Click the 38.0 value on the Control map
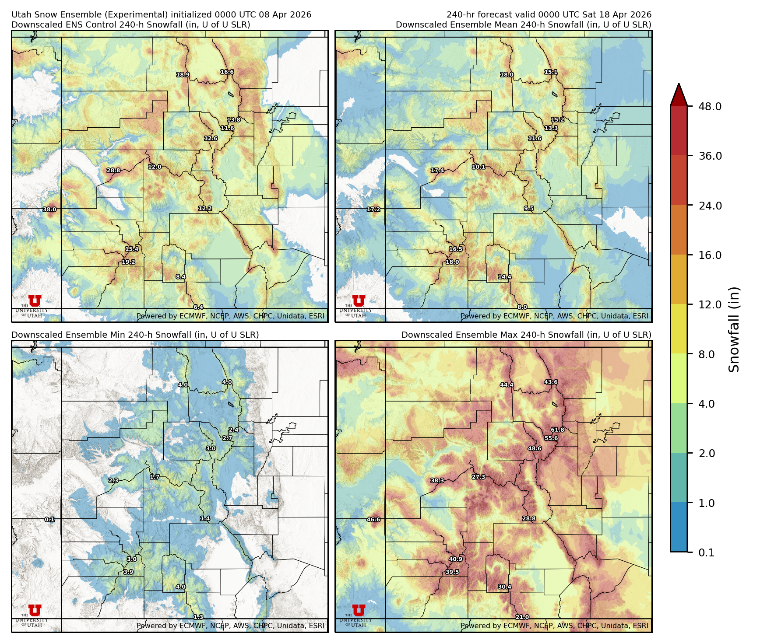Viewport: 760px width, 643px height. [x=49, y=210]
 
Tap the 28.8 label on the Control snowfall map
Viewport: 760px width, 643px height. [x=113, y=171]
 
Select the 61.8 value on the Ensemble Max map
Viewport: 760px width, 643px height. [x=557, y=430]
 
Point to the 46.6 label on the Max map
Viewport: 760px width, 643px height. [x=373, y=520]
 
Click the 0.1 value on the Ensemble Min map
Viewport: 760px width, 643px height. [x=49, y=520]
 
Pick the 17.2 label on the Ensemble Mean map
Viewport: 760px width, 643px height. [x=373, y=210]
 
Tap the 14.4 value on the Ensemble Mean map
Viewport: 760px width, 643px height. [x=504, y=277]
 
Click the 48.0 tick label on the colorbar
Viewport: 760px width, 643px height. [x=710, y=107]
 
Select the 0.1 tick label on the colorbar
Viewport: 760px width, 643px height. [x=706, y=553]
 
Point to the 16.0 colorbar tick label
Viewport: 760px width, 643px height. [x=710, y=255]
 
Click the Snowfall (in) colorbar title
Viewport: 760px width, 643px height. [x=734, y=329]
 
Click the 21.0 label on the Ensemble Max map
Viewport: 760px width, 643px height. [x=522, y=617]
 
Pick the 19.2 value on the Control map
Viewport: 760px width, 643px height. [x=128, y=262]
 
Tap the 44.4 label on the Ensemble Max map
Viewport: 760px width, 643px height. [x=507, y=385]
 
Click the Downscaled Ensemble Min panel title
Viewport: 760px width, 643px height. [x=135, y=335]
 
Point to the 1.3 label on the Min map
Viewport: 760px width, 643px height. [x=198, y=617]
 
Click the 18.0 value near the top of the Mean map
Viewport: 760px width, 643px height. [x=507, y=75]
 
